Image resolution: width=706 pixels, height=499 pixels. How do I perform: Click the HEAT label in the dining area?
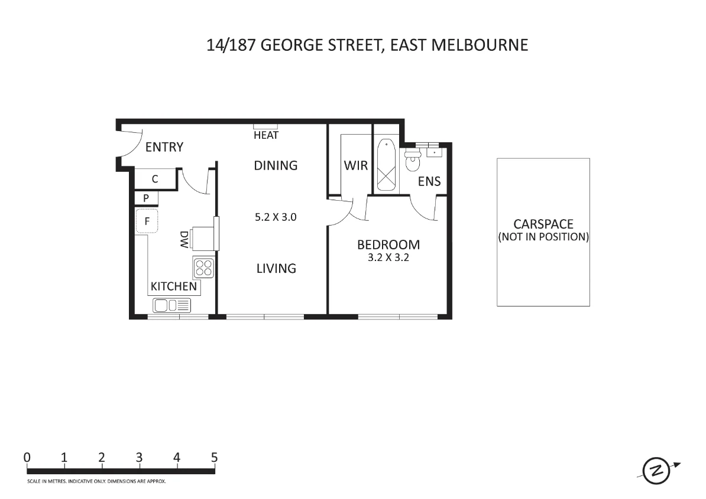pos(265,135)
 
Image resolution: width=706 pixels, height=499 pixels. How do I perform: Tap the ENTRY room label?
pos(164,147)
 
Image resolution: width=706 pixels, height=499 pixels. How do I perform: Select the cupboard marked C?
pos(155,179)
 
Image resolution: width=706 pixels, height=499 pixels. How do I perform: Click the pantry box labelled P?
pos(146,198)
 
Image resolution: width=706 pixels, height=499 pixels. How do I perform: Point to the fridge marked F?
pos(147,222)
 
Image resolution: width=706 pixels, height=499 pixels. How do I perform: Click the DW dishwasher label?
pos(184,239)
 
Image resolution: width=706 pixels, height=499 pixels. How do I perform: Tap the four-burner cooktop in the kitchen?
pos(204,269)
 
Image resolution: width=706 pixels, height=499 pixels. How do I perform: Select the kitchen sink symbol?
pos(172,305)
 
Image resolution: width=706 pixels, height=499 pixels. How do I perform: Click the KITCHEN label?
pos(174,286)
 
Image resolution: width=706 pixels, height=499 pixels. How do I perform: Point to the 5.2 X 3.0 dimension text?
pos(276,217)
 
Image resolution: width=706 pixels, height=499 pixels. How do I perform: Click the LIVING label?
pos(276,269)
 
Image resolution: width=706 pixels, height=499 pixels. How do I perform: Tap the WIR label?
pos(356,165)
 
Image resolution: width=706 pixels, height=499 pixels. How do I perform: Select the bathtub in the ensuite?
pos(386,165)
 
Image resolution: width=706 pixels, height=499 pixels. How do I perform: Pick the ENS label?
pos(429,181)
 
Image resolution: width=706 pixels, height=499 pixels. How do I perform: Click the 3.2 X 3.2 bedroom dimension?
pos(388,257)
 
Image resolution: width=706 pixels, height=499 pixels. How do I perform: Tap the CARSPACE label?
pos(543,224)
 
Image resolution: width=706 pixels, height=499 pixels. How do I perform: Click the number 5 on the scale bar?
pos(214,457)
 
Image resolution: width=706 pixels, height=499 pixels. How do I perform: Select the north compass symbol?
pos(656,471)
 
